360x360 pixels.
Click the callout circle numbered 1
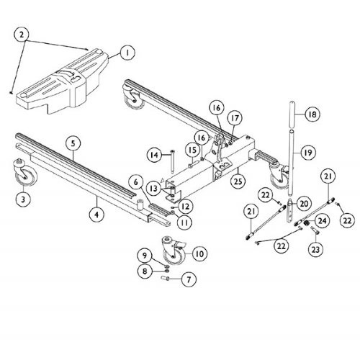127,53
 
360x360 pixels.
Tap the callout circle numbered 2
23,34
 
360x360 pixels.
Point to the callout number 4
96,212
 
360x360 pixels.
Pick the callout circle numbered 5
73,144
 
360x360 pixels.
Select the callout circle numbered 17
234,118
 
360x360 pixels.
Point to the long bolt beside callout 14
170,164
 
